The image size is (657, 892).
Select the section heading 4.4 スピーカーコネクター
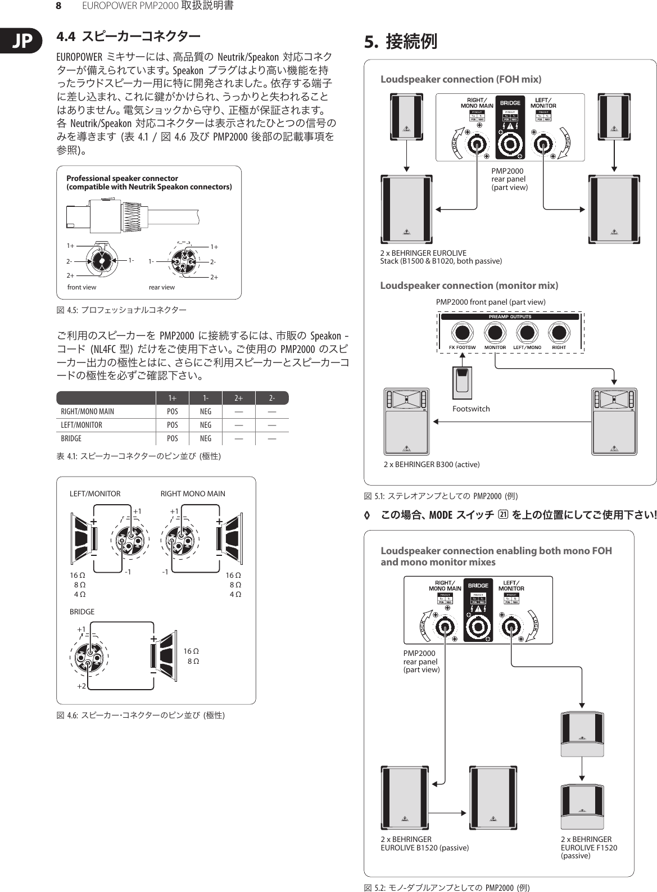pyautogui.click(x=129, y=38)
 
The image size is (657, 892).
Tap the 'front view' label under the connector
pyautogui.click(x=81, y=287)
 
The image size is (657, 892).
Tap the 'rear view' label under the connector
pyautogui.click(x=161, y=287)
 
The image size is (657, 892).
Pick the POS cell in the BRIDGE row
pyautogui.click(x=173, y=438)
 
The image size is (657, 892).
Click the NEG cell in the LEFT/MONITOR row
pyautogui.click(x=206, y=425)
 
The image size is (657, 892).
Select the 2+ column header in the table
pyautogui.click(x=238, y=398)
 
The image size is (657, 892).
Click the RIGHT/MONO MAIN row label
pyautogui.click(x=87, y=411)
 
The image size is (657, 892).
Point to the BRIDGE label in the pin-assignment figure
pyautogui.click(x=81, y=612)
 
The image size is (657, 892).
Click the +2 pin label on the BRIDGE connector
pyautogui.click(x=81, y=686)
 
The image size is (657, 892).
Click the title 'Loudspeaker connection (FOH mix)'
pyautogui.click(x=461, y=79)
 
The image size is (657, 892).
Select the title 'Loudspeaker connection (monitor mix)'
pyautogui.click(x=469, y=286)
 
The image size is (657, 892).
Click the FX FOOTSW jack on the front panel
pyautogui.click(x=463, y=333)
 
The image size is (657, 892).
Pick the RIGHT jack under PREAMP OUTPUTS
pyautogui.click(x=559, y=333)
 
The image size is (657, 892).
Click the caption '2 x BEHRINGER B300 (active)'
pyautogui.click(x=432, y=464)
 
